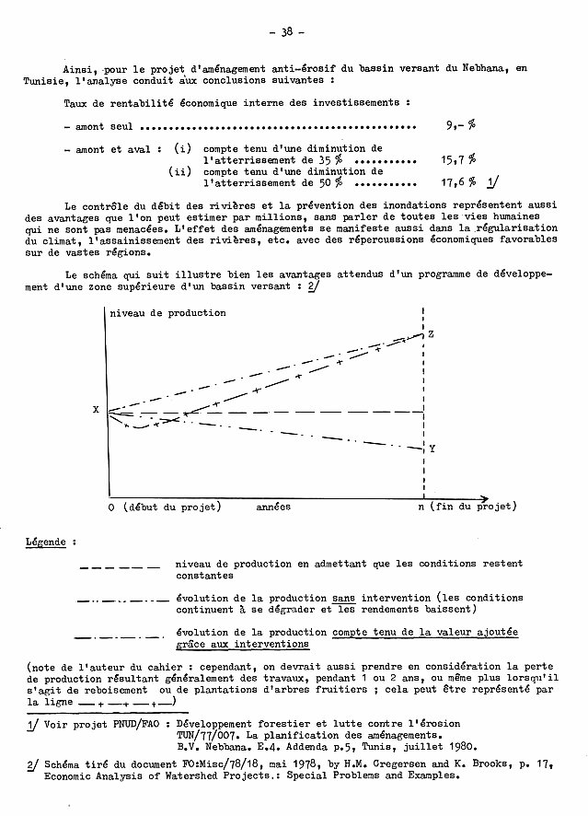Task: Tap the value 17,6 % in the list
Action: [459, 181]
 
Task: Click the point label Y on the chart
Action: [431, 449]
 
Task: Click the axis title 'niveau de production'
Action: [167, 313]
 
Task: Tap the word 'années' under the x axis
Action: [273, 507]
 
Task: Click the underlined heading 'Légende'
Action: [46, 542]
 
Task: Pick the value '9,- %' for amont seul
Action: [459, 126]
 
